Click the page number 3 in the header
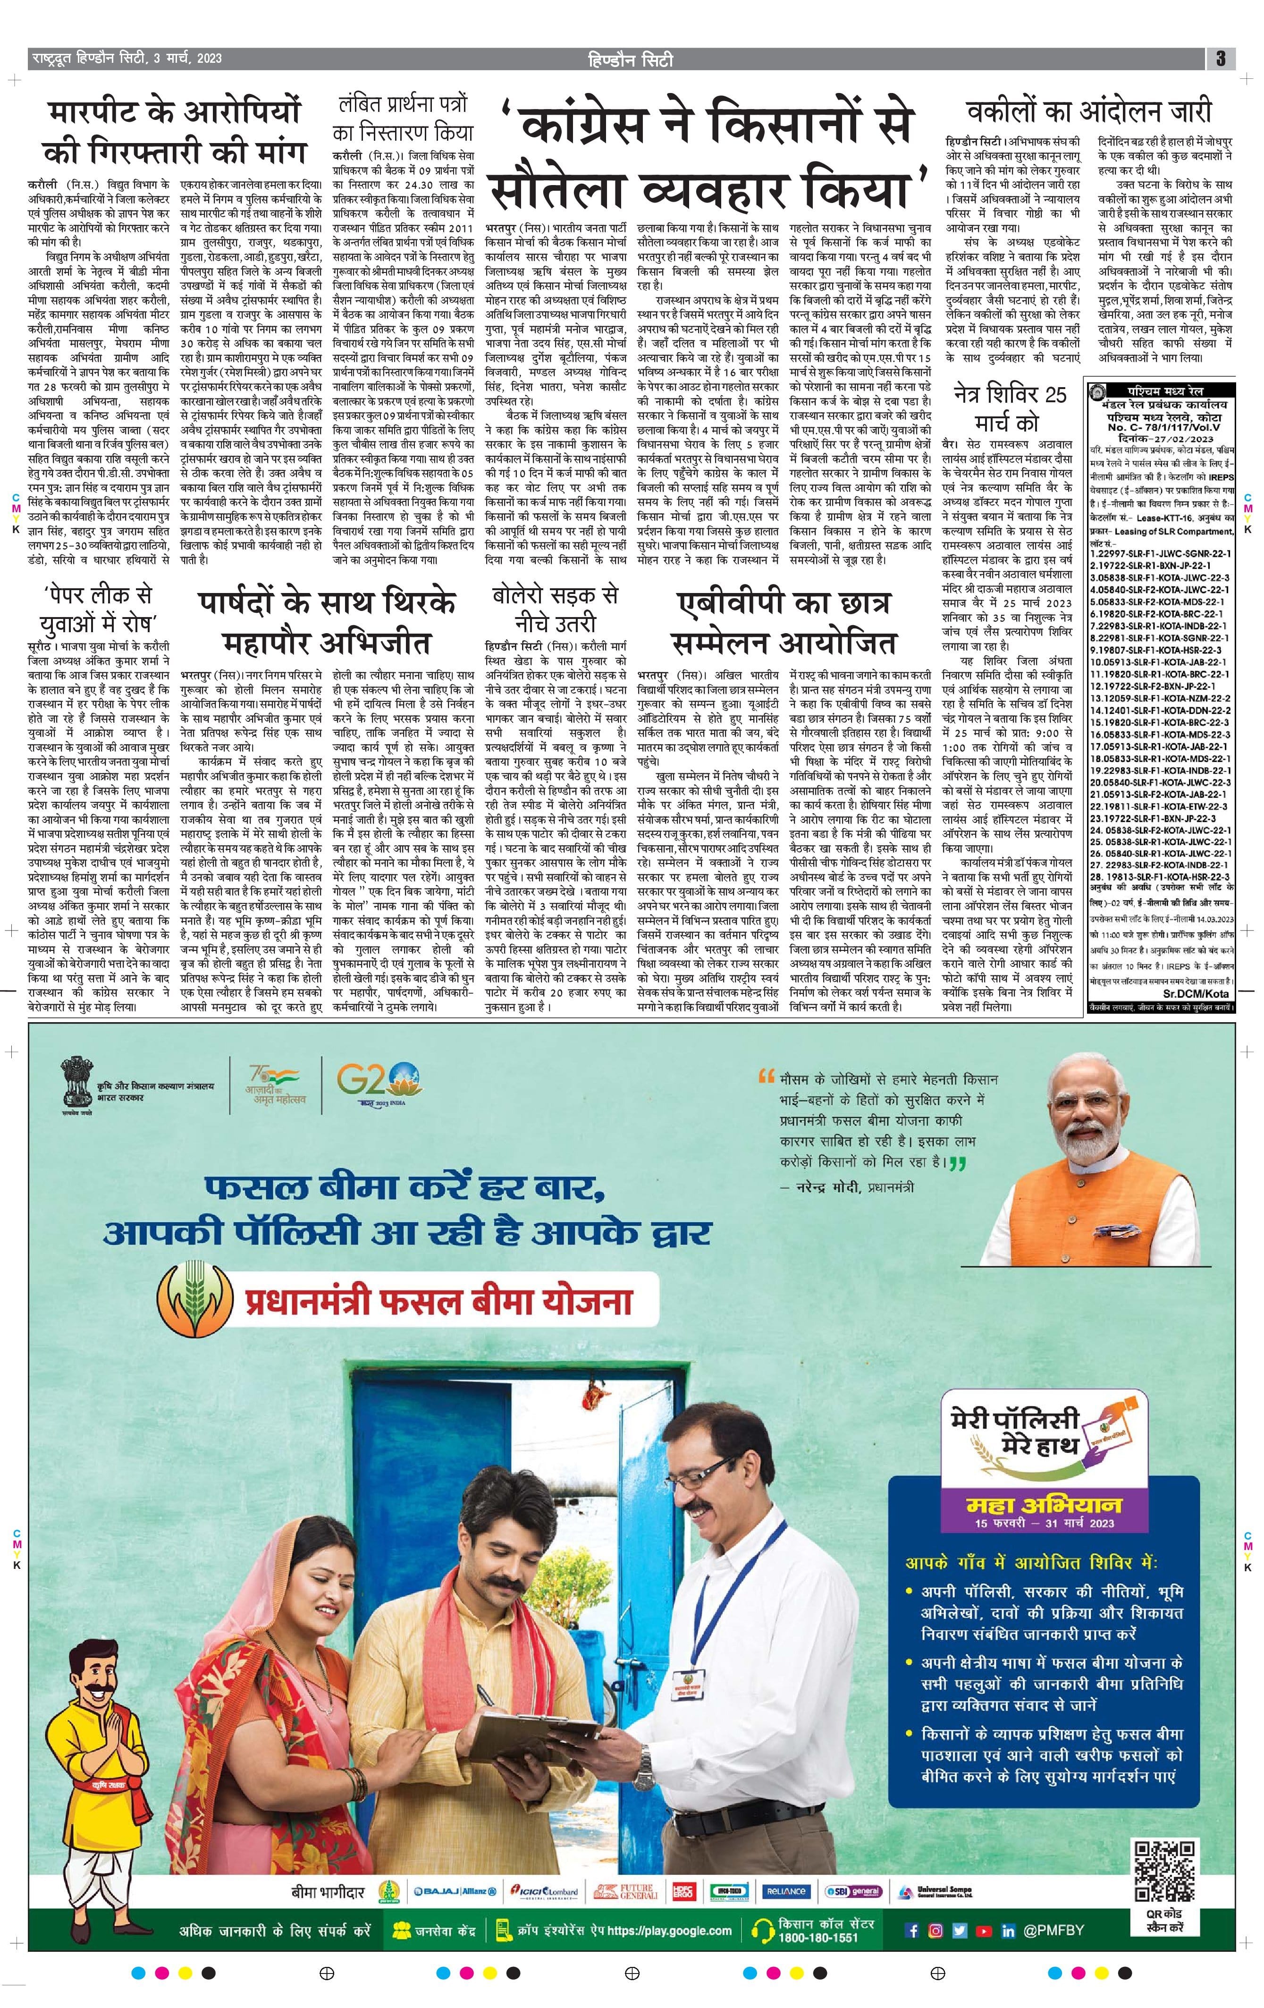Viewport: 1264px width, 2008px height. tap(1220, 59)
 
